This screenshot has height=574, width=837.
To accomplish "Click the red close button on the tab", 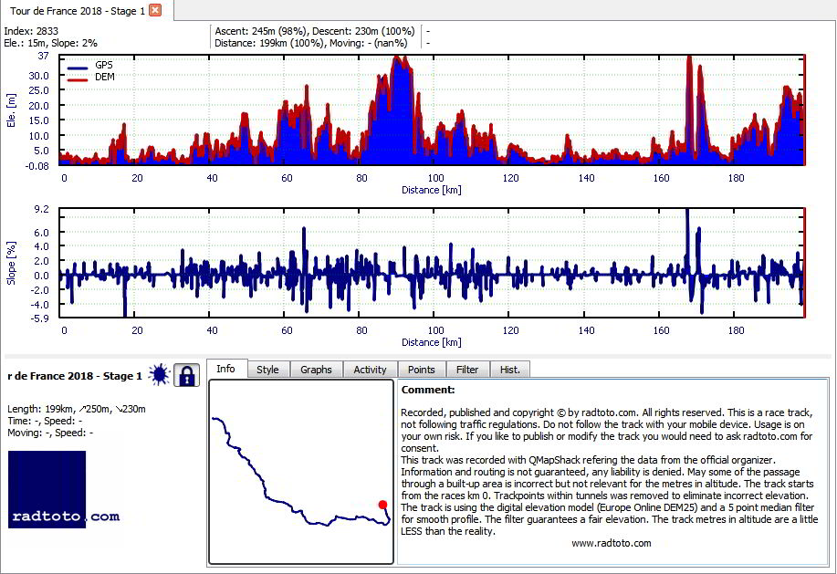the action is (x=155, y=10).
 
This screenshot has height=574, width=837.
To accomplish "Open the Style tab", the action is (x=267, y=370).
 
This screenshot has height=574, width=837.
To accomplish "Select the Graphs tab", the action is (x=316, y=370).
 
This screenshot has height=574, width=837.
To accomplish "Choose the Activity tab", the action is (x=370, y=370).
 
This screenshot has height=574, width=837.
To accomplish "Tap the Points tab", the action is (x=421, y=370).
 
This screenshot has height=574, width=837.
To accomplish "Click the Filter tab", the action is (x=467, y=370).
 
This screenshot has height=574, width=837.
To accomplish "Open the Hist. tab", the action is (x=510, y=370).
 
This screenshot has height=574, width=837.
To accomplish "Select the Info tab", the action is (x=225, y=369).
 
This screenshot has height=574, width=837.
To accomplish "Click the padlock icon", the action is (x=186, y=375).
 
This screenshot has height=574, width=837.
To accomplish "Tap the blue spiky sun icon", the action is (x=159, y=374).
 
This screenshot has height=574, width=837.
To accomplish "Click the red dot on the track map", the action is (x=382, y=505).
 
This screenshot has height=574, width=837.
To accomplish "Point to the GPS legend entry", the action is (x=90, y=65).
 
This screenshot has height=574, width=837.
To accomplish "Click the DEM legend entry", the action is (x=90, y=78).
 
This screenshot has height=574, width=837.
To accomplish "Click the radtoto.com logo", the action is (x=64, y=490).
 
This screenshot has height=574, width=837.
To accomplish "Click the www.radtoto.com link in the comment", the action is (x=612, y=543).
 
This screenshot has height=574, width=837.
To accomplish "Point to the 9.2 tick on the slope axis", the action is (x=41, y=209).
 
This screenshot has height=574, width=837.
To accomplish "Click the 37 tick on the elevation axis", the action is (x=43, y=56).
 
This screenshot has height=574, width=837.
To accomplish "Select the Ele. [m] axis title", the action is (x=11, y=110).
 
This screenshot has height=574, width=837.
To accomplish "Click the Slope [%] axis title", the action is (x=11, y=263).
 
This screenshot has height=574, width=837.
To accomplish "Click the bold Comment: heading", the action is (x=428, y=390).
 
